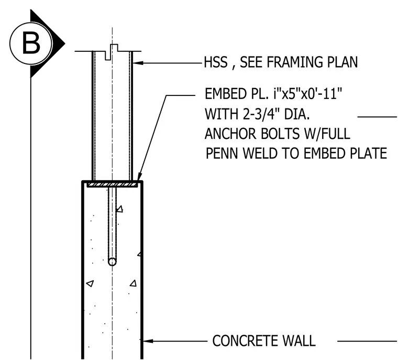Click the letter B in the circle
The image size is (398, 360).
click(31, 43)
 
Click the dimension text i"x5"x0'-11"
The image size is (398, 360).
click(307, 94)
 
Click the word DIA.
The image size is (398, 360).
click(297, 114)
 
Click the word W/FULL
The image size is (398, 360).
click(327, 134)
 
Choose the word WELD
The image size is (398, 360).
click(259, 154)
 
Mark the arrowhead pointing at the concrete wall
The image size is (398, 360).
click(148, 341)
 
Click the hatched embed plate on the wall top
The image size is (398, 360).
click(112, 184)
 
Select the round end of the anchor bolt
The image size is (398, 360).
click(112, 261)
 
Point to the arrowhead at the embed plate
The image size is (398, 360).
click(139, 177)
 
